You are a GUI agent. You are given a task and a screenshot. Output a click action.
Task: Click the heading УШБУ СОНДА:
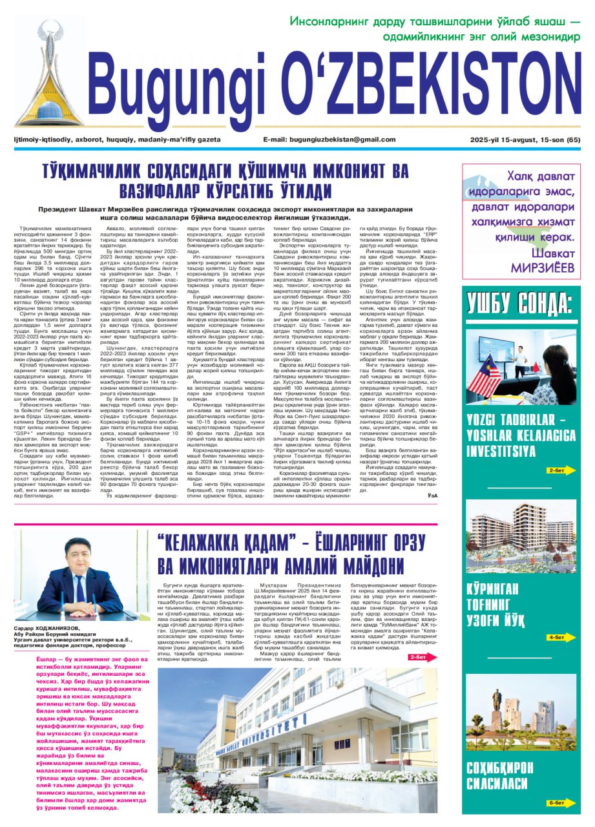(519, 303)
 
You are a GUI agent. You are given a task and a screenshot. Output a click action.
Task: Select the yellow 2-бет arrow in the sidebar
(559, 470)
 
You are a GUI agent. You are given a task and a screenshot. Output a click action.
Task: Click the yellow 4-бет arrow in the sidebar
(559, 637)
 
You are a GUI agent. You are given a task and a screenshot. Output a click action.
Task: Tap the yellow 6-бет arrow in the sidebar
(559, 803)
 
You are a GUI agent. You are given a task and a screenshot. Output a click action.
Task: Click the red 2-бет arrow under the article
(418, 656)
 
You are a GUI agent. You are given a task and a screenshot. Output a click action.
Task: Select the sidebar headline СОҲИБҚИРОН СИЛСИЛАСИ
(501, 776)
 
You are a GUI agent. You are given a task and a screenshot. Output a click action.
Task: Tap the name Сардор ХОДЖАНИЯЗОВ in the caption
(44, 627)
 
